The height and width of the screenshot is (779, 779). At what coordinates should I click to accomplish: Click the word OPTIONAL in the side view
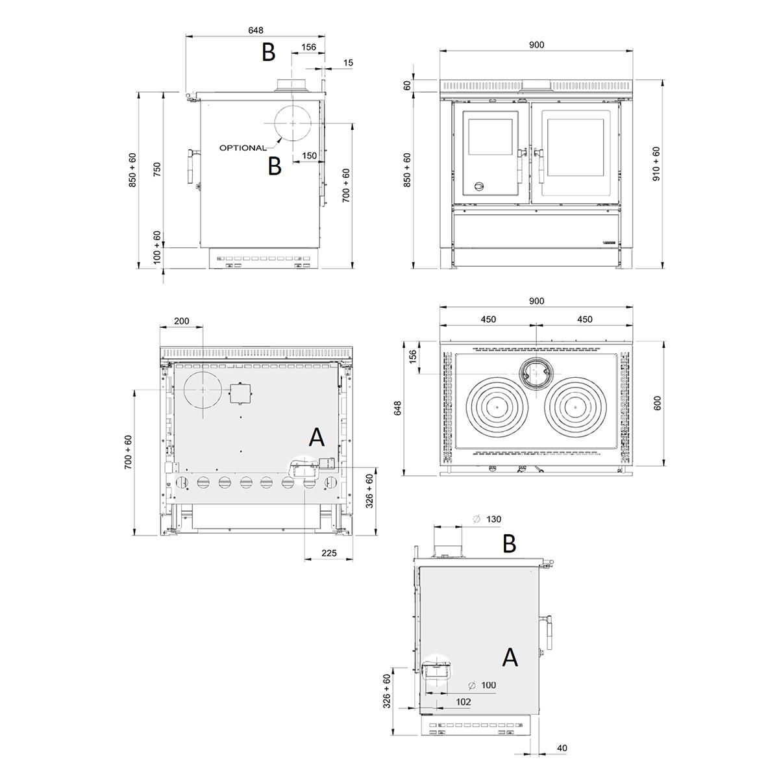point(243,148)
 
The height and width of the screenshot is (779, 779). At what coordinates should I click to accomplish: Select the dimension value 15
point(348,63)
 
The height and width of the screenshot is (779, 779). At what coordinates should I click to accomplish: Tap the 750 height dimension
point(157,169)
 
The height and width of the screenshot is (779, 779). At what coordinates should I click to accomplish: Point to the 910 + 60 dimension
point(656,164)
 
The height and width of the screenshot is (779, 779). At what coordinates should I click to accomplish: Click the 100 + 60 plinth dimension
point(157,247)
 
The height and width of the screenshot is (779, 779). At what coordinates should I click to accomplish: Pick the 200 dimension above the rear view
point(182,321)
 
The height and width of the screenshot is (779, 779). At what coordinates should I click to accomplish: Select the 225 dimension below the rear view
point(329,553)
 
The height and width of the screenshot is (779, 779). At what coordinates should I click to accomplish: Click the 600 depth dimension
point(657,403)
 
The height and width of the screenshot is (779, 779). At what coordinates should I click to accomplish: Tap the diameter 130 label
point(487,519)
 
